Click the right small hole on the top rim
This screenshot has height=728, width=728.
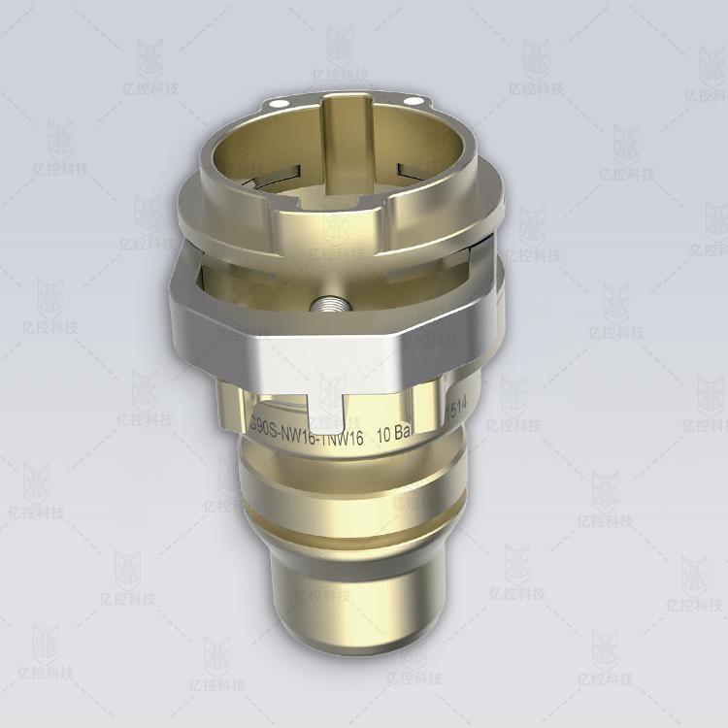(417, 102)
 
